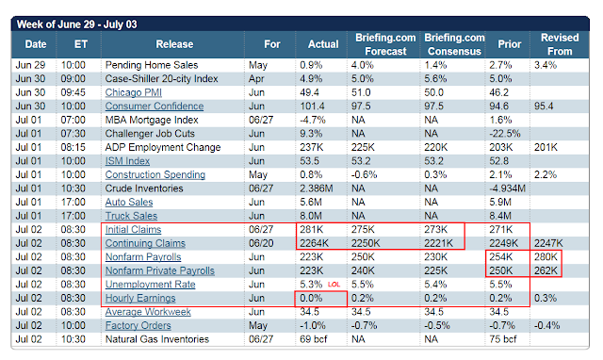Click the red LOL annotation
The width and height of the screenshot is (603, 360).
pos(334,285)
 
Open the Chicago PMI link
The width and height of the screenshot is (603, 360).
pos(134,92)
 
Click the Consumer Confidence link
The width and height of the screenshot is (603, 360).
pos(155,106)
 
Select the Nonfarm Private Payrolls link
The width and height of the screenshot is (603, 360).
pos(160,270)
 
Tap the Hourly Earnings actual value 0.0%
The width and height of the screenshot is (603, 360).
pos(311,298)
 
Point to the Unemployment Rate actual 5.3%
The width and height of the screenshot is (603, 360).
pos(311,285)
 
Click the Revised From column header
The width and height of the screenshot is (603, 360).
pos(560,44)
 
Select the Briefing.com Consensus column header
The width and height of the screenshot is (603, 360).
pos(454,44)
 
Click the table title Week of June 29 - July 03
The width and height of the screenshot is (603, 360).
pos(77,25)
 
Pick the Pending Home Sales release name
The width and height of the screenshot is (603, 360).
pos(152,65)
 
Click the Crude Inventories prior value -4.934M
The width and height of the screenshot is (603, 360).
pos(507,188)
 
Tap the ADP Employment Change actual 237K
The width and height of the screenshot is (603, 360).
pos(312,147)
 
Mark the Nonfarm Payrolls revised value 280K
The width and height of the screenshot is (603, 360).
pos(546,257)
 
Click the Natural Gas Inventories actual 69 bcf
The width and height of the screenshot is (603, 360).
pos(314,339)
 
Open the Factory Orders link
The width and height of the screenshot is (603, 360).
pos(139,326)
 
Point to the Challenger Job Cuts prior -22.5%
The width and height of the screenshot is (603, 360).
pos(505,134)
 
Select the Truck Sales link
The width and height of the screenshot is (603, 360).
pos(131,216)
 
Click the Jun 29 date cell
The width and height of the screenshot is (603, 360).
pos(30,65)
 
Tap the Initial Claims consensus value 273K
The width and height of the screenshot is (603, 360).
pos(435,230)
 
